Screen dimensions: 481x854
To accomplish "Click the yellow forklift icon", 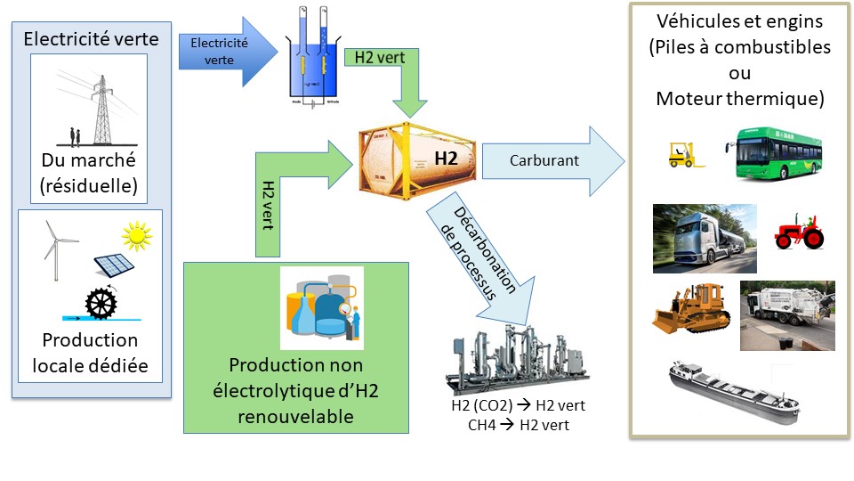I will click(685, 153).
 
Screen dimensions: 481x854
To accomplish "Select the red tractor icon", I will click(800, 230).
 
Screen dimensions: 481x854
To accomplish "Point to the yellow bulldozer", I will click(693, 308).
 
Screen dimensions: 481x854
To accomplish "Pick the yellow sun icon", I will click(137, 236).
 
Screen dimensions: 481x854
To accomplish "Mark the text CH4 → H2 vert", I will click(519, 425).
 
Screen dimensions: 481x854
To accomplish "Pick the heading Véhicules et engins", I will click(739, 22).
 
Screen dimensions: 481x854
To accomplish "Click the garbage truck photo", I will click(787, 316).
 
